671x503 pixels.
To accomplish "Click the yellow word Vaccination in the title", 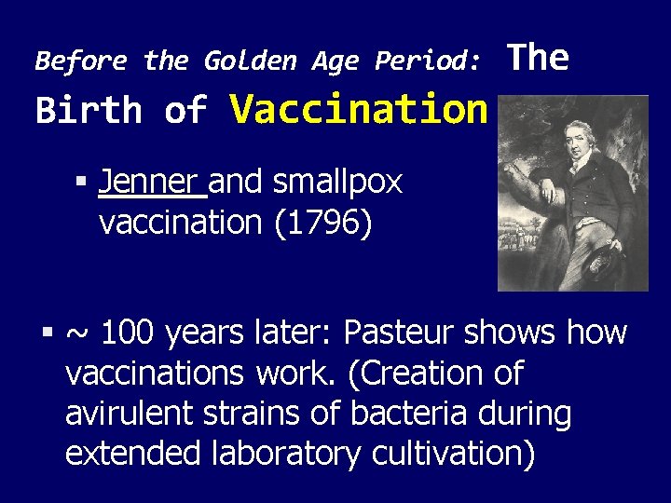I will [359, 110].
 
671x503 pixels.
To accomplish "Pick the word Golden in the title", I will [249, 61].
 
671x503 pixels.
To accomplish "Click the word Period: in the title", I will [429, 61].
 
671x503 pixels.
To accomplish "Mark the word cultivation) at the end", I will [453, 454].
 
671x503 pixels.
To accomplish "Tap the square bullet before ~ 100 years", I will [48, 332].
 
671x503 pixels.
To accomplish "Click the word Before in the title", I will [81, 61].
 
